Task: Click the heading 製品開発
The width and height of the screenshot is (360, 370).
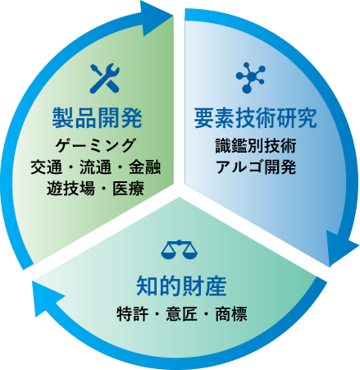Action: click(x=98, y=118)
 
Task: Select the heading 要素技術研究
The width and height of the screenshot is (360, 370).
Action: click(x=256, y=118)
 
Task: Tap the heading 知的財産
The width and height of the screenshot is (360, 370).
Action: click(x=181, y=286)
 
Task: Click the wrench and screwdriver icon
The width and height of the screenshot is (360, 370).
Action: click(x=105, y=78)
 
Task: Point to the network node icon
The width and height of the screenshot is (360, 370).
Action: click(x=250, y=78)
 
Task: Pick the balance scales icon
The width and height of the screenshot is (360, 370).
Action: click(x=180, y=249)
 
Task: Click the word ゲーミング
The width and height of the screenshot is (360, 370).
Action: click(x=95, y=145)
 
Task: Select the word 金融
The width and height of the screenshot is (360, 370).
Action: click(x=144, y=167)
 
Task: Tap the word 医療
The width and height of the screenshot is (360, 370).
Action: click(x=128, y=189)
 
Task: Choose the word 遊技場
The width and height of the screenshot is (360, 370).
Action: click(x=71, y=189)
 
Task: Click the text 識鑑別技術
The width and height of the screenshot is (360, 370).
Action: click(x=256, y=145)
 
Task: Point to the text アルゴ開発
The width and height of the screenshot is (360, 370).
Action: click(x=256, y=167)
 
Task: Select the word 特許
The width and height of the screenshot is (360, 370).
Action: click(x=133, y=313)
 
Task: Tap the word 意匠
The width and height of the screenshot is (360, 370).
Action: click(x=181, y=313)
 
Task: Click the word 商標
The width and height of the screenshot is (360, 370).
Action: click(x=231, y=313)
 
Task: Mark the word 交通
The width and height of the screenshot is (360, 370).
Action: click(x=46, y=167)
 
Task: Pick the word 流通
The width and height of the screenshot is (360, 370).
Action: click(x=95, y=167)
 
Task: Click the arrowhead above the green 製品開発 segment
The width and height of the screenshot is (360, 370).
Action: click(x=153, y=17)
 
